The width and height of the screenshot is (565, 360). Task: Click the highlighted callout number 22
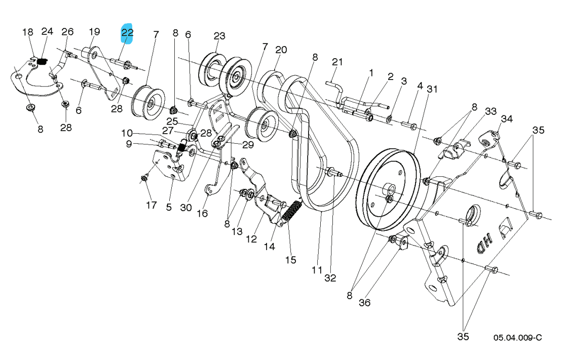click(127, 33)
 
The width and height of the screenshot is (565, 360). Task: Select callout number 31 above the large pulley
click(432, 89)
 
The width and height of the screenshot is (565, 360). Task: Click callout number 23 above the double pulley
click(219, 36)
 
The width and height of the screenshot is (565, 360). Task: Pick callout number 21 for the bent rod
click(337, 62)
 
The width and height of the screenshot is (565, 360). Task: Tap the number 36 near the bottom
click(364, 303)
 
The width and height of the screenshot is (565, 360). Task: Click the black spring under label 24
click(42, 62)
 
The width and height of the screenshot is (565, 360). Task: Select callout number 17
click(152, 205)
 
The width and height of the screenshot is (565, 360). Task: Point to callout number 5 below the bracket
click(169, 207)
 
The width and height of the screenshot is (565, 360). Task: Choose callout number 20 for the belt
click(281, 50)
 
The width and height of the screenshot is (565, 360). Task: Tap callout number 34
click(507, 119)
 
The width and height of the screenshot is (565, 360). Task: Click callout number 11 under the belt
click(317, 270)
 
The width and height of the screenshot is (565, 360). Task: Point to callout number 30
click(186, 207)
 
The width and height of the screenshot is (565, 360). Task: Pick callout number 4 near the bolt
click(420, 86)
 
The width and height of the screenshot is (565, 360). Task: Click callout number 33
click(476, 111)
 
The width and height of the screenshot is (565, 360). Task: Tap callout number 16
click(202, 214)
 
